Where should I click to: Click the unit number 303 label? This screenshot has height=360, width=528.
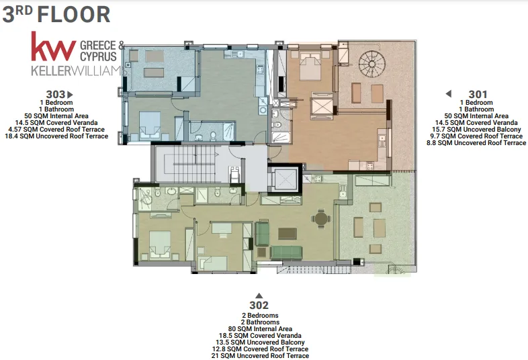point(56,95)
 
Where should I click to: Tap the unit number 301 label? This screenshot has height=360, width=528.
point(478,95)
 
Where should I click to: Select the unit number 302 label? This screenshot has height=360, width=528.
point(259,306)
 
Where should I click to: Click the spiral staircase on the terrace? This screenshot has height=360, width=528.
point(371,64)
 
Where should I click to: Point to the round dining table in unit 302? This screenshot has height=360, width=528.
point(321,218)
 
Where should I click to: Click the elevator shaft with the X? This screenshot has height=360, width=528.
point(285,179)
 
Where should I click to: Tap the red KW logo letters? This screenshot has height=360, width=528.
point(54,47)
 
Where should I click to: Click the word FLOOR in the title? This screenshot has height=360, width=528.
point(74,15)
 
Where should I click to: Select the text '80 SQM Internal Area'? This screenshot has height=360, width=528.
point(260,329)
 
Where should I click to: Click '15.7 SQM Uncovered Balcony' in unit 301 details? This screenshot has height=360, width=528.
point(476,130)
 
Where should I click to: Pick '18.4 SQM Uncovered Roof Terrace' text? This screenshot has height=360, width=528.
point(56,136)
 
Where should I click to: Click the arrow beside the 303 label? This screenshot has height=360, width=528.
point(70,95)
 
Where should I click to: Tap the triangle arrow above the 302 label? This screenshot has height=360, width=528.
point(259,296)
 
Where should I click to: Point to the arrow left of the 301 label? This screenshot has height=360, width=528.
point(449,93)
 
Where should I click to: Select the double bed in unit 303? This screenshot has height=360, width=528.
point(150,125)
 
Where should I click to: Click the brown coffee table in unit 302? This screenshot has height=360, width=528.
point(288,233)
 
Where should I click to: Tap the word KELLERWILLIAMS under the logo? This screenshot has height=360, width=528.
point(77,71)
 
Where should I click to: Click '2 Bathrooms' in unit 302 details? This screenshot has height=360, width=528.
point(260,322)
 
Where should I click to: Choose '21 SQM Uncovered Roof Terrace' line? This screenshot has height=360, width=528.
point(260,356)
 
